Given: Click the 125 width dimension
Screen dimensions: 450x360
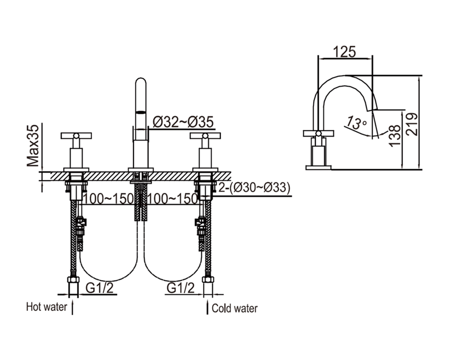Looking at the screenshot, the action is pos(344,52).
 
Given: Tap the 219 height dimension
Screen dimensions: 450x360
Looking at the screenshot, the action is pos(412,124).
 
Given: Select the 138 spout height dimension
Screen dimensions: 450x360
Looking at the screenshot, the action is pos(395,135).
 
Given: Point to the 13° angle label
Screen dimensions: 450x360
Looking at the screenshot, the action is pos(355,122).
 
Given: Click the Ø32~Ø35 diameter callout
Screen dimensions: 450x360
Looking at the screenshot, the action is pos(183,122).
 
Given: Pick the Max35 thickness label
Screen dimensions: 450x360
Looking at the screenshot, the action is pos(33,145).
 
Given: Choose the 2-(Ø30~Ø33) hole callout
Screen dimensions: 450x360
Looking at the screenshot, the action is pos(255,188).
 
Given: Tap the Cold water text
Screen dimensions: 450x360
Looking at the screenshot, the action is pos(234,308).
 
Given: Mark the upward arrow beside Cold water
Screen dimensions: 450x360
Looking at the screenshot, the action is pos(207,306).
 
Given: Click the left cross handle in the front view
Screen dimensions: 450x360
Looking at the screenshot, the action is pos(76,135).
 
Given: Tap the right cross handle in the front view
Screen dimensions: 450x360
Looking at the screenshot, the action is pos(205,135).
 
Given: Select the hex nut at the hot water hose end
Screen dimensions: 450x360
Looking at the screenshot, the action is pos(73,279).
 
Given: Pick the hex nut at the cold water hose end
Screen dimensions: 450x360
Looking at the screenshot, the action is pos(208,279).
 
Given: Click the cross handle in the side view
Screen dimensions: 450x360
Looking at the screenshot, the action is pos(318,133).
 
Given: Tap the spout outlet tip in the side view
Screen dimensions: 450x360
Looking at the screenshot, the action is pos(373,109).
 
